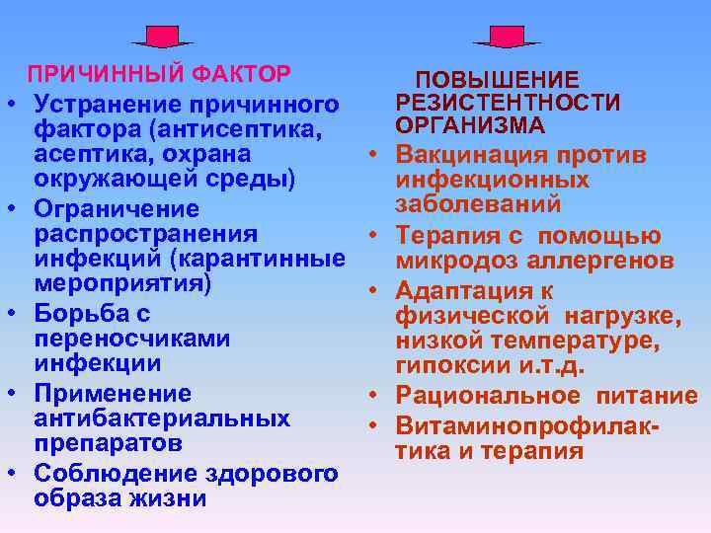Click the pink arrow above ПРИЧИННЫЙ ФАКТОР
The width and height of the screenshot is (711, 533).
(x=162, y=37)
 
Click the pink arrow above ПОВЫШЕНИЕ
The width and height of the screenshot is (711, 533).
(x=507, y=37)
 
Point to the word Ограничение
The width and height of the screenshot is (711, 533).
(x=117, y=209)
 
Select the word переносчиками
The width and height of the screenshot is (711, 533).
(x=132, y=339)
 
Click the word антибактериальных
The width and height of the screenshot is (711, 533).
(x=162, y=419)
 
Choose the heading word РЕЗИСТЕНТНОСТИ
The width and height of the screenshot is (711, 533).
(x=508, y=104)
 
